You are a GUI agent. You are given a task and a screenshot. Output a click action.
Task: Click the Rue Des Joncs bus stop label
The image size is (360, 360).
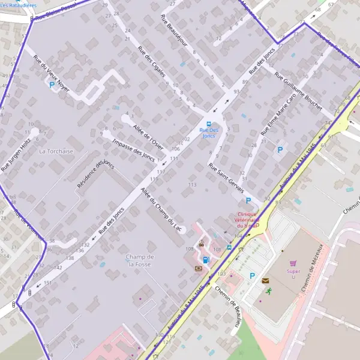tap(209, 133)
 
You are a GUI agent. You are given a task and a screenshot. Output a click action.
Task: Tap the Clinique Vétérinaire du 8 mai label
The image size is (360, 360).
tap(247, 220)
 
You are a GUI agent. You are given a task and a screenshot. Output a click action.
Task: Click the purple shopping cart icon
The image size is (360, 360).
tap(293, 262)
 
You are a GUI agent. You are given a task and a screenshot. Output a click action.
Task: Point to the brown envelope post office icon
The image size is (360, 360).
tap(265, 280)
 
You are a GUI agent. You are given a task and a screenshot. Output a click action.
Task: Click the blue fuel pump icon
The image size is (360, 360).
tap(206, 260)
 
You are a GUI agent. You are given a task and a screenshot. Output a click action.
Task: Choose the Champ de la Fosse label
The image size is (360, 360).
tap(140, 260)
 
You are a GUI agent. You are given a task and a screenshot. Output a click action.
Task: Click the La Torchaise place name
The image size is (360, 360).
tap(56, 151)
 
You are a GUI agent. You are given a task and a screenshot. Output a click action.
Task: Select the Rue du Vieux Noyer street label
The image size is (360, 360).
tap(52, 73)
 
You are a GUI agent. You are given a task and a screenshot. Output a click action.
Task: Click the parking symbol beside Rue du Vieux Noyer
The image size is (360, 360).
tap(52, 85)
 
